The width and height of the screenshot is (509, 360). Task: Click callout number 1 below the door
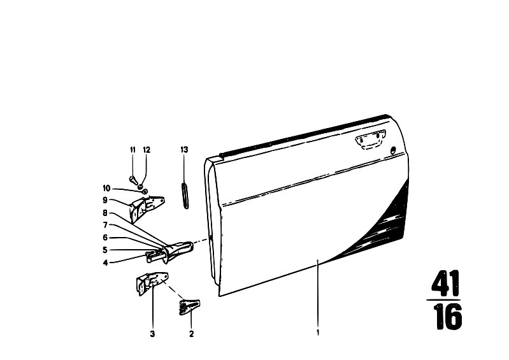pyautogui.click(x=318, y=333)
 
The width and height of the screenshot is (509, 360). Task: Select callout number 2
pyautogui.click(x=191, y=333)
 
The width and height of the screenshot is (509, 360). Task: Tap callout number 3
pyautogui.click(x=152, y=333)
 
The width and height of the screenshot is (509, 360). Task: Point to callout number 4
pyautogui.click(x=105, y=263)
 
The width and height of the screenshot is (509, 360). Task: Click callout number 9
pyautogui.click(x=105, y=200)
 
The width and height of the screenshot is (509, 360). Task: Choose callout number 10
pyautogui.click(x=106, y=188)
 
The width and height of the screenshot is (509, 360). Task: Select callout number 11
pyautogui.click(x=133, y=150)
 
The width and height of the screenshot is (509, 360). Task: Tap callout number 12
pyautogui.click(x=147, y=150)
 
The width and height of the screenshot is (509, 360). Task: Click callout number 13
pyautogui.click(x=184, y=150)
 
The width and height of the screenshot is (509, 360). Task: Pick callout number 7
pyautogui.click(x=105, y=225)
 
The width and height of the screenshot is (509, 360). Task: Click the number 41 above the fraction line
pyautogui.click(x=445, y=283)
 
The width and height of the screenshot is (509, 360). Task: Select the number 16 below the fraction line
pyautogui.click(x=447, y=316)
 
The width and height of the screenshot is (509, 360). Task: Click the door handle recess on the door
pyautogui.click(x=370, y=140)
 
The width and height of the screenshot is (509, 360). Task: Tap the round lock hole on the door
pyautogui.click(x=393, y=150)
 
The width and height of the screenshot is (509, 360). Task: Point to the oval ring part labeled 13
pyautogui.click(x=184, y=196)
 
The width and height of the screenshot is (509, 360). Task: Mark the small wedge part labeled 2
pyautogui.click(x=190, y=306)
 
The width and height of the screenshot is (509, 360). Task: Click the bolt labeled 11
pyautogui.click(x=133, y=179)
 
